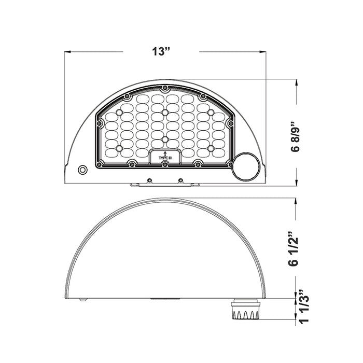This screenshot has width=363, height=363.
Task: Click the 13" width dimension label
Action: (x=161, y=52)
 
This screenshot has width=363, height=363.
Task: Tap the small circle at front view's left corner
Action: (x=82, y=170)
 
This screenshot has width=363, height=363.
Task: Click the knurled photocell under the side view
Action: (x=243, y=310)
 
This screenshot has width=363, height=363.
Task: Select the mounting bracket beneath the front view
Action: (x=164, y=183)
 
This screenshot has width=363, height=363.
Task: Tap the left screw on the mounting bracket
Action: (x=149, y=180)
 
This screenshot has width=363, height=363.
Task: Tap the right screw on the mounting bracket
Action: (x=180, y=180)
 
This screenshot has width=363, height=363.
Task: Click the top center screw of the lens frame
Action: (x=164, y=89)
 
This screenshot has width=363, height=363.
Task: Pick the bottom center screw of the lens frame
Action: (x=164, y=164)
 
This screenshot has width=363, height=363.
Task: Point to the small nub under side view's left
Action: (x=82, y=300)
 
